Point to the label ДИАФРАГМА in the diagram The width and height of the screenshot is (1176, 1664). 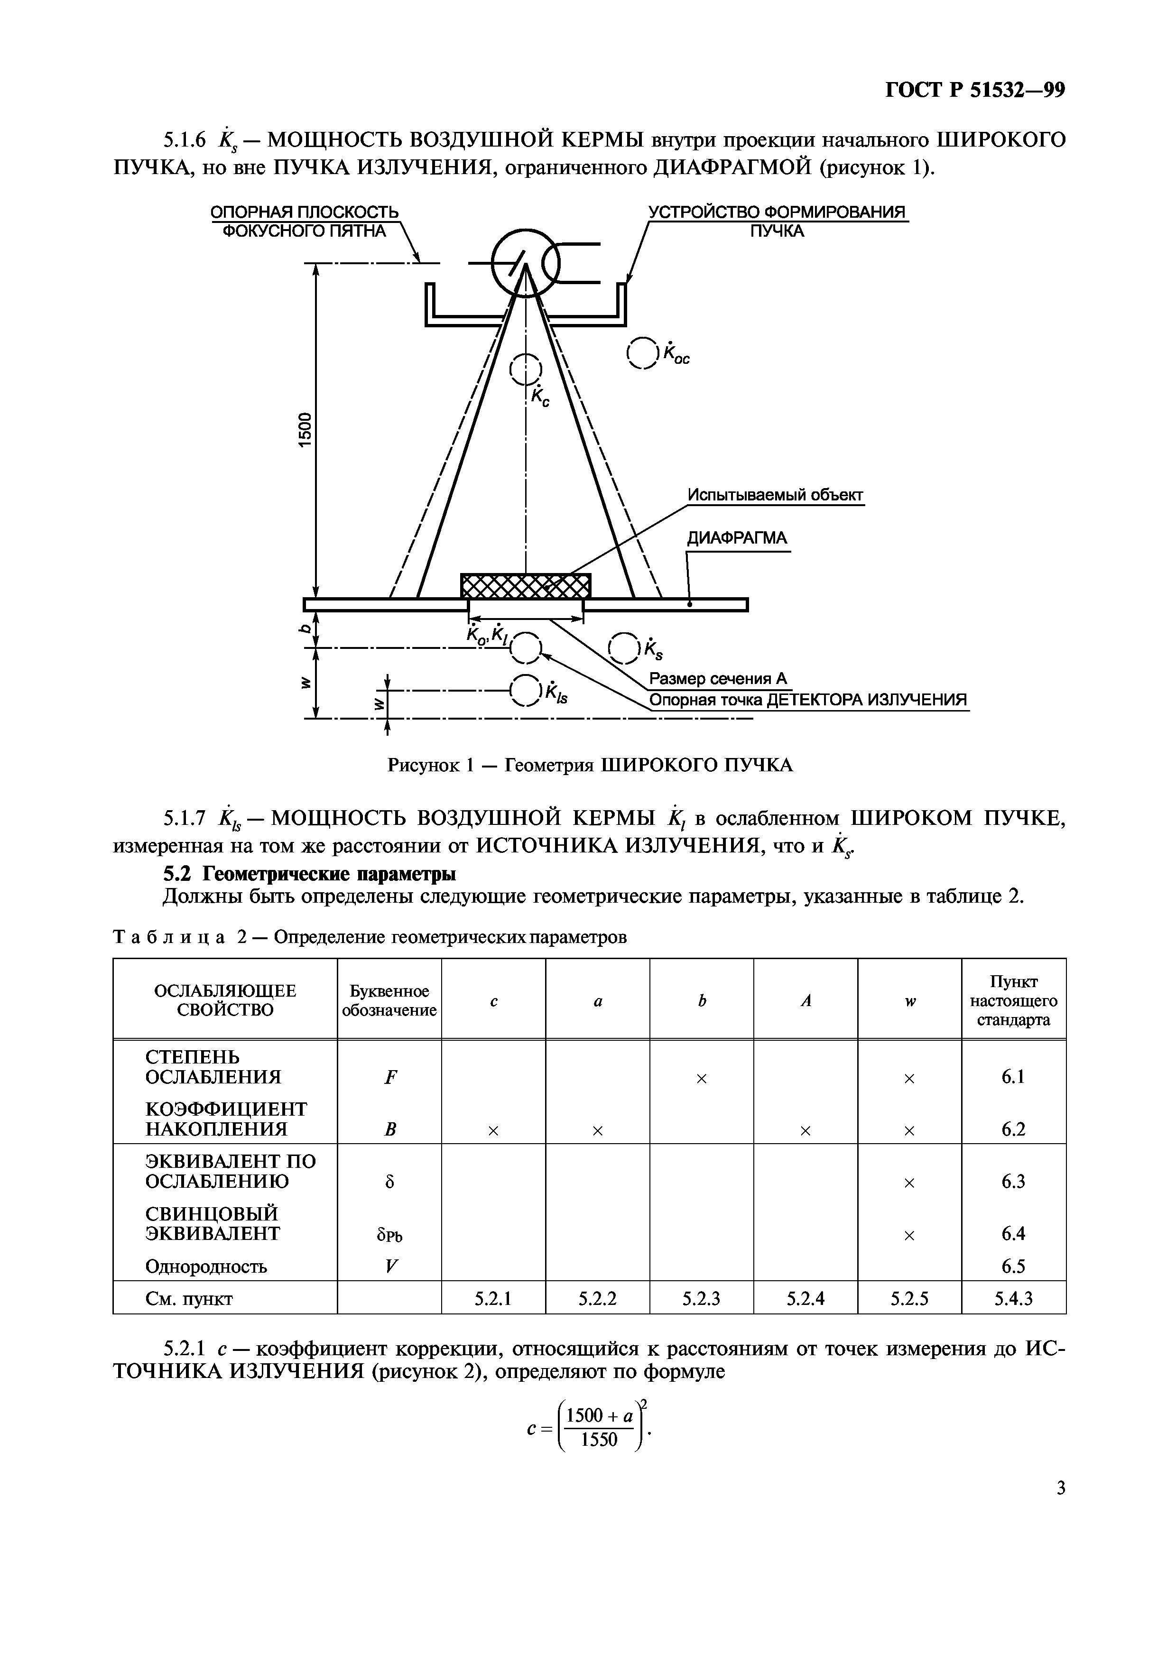[737, 538]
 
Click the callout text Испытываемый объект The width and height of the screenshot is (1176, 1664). [775, 495]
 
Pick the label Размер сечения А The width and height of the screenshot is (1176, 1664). [717, 678]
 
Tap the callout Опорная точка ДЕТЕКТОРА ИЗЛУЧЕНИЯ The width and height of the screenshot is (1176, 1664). [808, 700]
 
